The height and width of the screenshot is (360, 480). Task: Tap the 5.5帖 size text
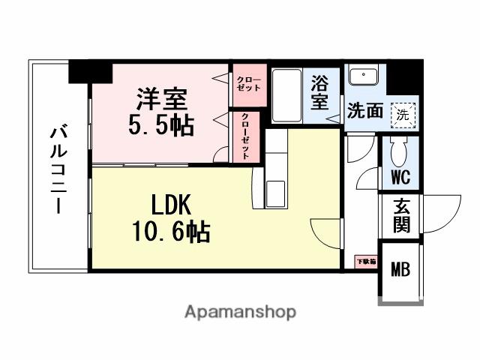[160, 124]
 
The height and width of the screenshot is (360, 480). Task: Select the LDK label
[173, 205]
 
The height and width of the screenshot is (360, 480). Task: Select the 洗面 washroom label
[365, 112]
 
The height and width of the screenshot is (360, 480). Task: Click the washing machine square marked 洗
[403, 115]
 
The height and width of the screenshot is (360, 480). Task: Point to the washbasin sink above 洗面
[363, 77]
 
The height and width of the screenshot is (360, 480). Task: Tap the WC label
[399, 178]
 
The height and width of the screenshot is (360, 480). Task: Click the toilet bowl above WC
[399, 153]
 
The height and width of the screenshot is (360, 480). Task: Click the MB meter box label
[399, 268]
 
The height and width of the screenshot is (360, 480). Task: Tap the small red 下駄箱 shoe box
[366, 262]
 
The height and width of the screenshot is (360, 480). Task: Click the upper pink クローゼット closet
[248, 82]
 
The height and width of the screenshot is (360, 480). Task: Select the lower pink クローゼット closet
[246, 135]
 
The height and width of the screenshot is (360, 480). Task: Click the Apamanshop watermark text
[240, 311]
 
